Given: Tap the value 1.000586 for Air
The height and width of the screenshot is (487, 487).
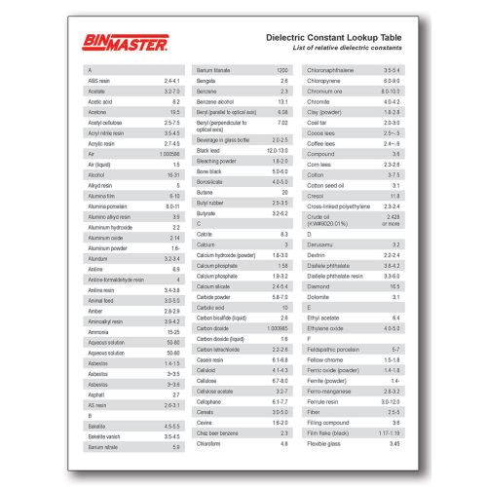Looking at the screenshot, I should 169,153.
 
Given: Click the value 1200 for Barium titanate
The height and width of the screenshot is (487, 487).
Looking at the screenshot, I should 282,71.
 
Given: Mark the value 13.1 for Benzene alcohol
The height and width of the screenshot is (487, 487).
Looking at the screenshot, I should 283,101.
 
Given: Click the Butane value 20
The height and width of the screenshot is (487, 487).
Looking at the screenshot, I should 284,194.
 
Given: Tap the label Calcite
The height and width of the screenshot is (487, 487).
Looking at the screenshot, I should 205,235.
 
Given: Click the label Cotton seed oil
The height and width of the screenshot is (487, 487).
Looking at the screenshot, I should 327,183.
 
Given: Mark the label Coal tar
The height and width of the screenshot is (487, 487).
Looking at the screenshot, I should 318,122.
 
